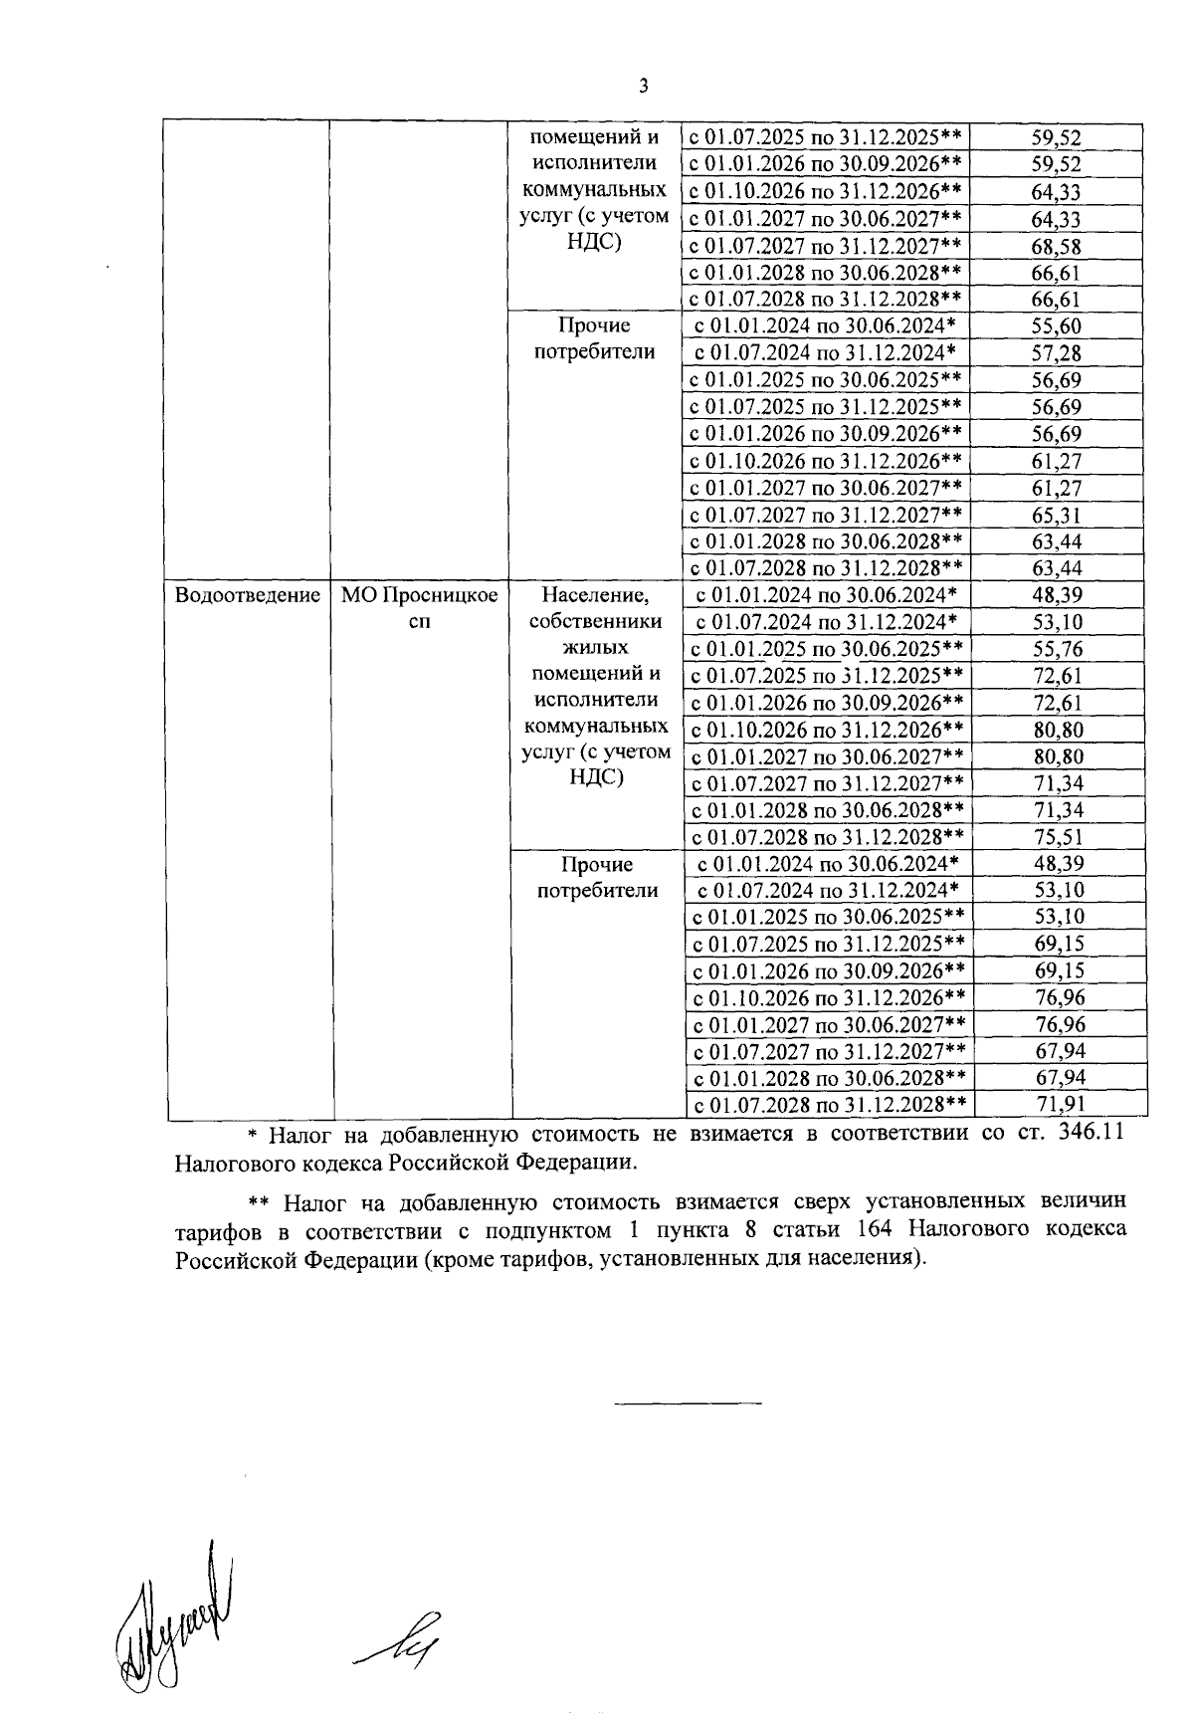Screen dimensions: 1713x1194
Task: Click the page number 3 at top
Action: [x=643, y=87]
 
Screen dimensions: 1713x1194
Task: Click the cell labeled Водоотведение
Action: [x=247, y=595]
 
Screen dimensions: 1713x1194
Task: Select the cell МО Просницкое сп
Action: [x=419, y=608]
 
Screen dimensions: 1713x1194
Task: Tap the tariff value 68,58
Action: [x=1056, y=246]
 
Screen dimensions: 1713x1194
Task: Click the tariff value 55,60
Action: [x=1056, y=326]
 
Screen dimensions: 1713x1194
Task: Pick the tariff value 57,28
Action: [x=1056, y=353]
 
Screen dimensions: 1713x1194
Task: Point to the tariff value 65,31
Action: [x=1056, y=515]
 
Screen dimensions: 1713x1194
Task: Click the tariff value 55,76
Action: [x=1058, y=649]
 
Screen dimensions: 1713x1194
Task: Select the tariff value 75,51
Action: [x=1058, y=837]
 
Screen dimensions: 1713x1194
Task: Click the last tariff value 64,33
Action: [x=1056, y=219]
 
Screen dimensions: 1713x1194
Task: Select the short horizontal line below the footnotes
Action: [x=689, y=1403]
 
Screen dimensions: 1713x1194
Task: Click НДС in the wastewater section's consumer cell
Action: [x=596, y=777]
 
